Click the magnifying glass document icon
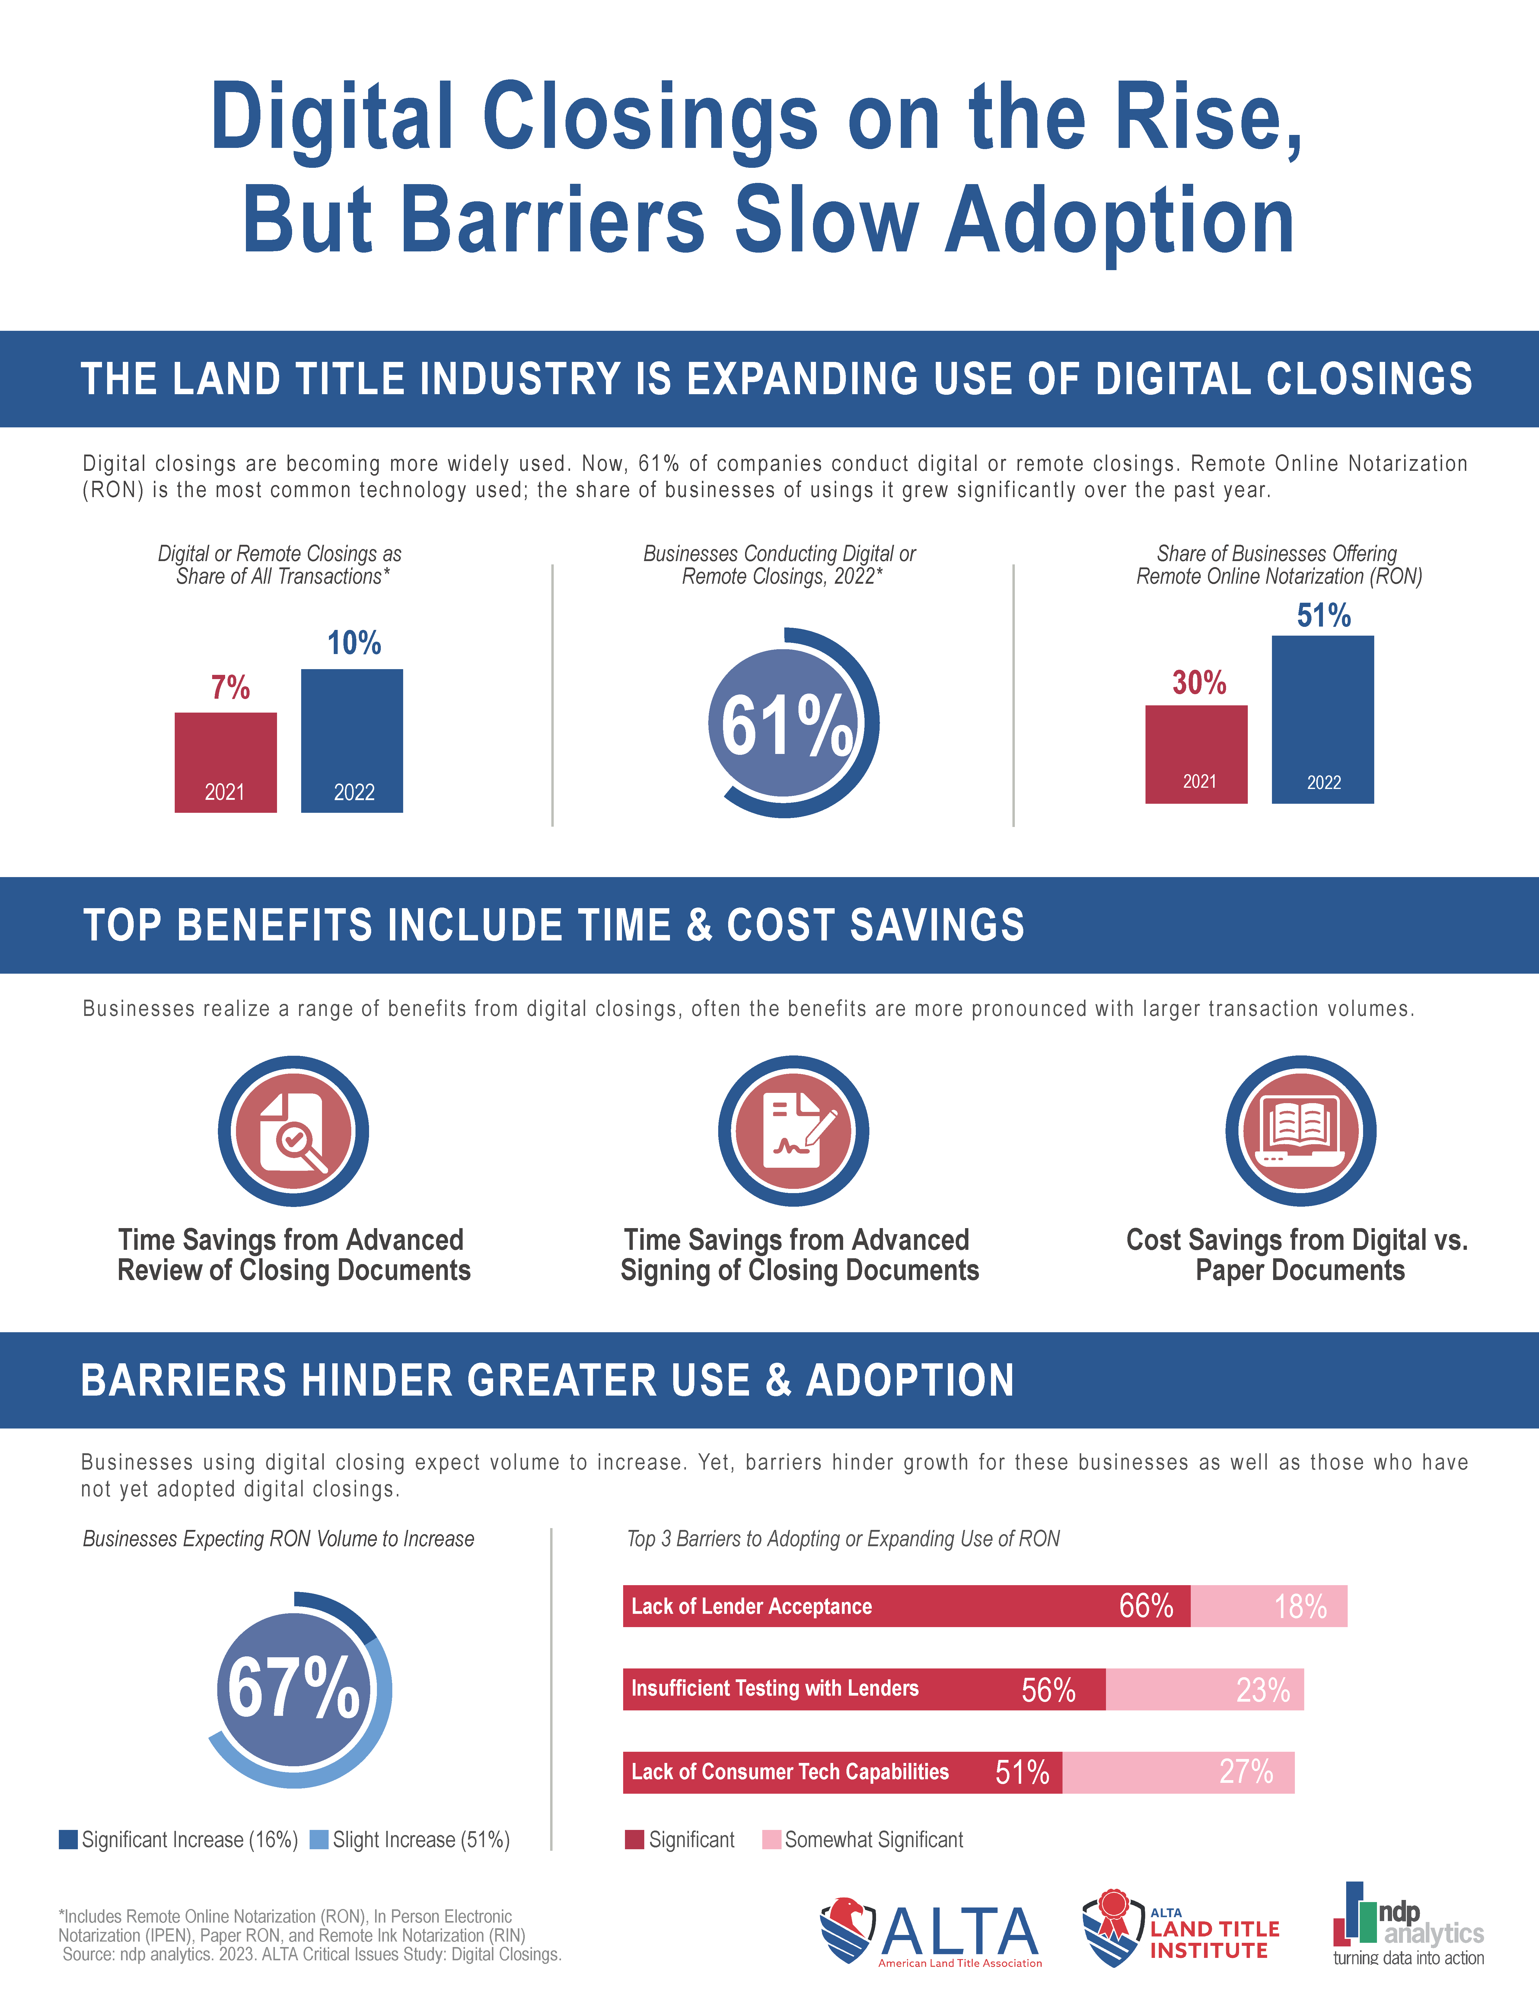(x=293, y=1131)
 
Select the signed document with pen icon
(x=793, y=1131)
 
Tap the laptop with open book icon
(x=1300, y=1131)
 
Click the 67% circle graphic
(x=295, y=1689)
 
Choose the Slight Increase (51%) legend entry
(x=410, y=1840)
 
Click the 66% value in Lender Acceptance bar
(x=1146, y=1606)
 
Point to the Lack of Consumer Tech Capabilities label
(x=789, y=1772)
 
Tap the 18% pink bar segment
(x=1269, y=1606)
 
